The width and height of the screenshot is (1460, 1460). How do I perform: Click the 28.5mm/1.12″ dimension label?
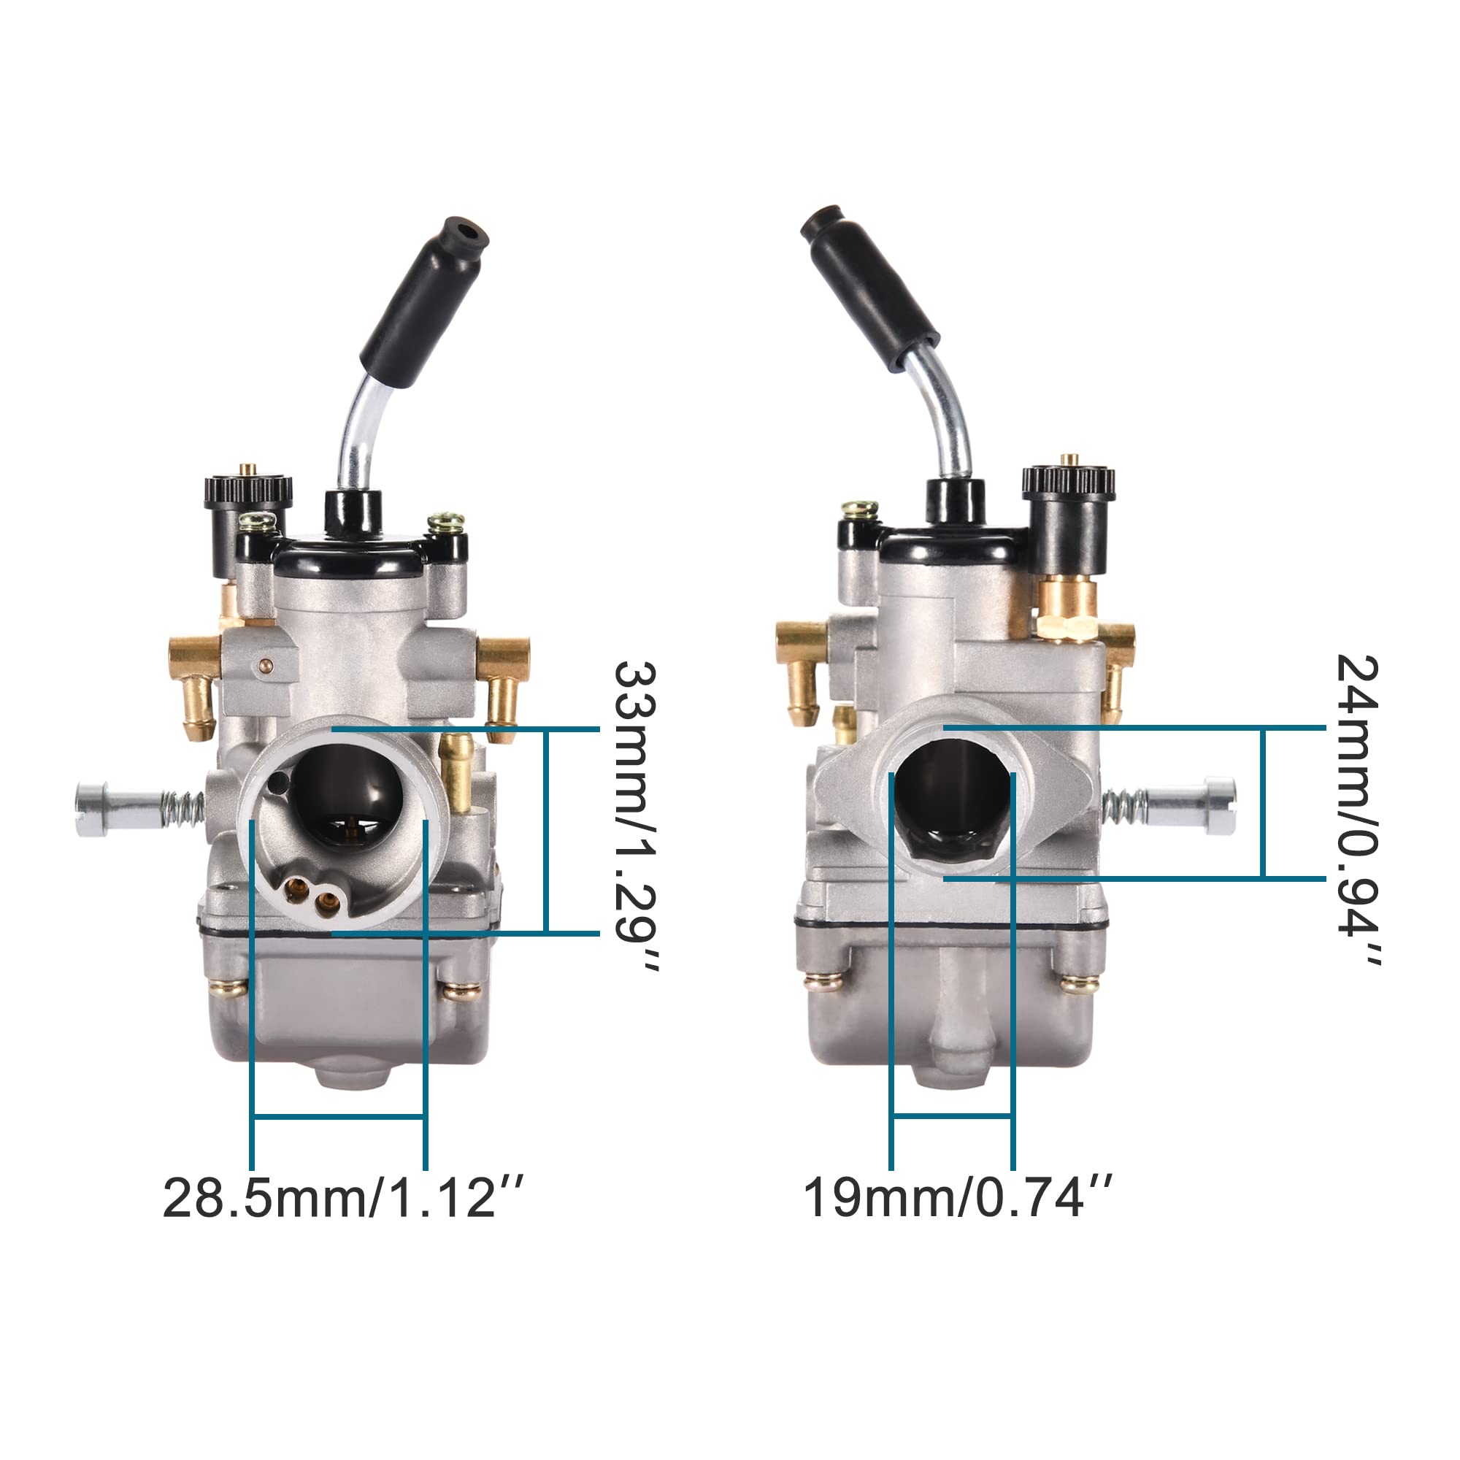coord(342,1198)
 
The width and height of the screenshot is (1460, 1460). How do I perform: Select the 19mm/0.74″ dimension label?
coord(957,1198)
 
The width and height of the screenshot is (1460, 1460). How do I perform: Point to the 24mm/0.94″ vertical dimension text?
coord(1358,810)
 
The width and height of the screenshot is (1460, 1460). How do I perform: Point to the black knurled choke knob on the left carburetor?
coord(248,489)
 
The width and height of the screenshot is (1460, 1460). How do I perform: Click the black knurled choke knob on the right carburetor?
coord(1069,481)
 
